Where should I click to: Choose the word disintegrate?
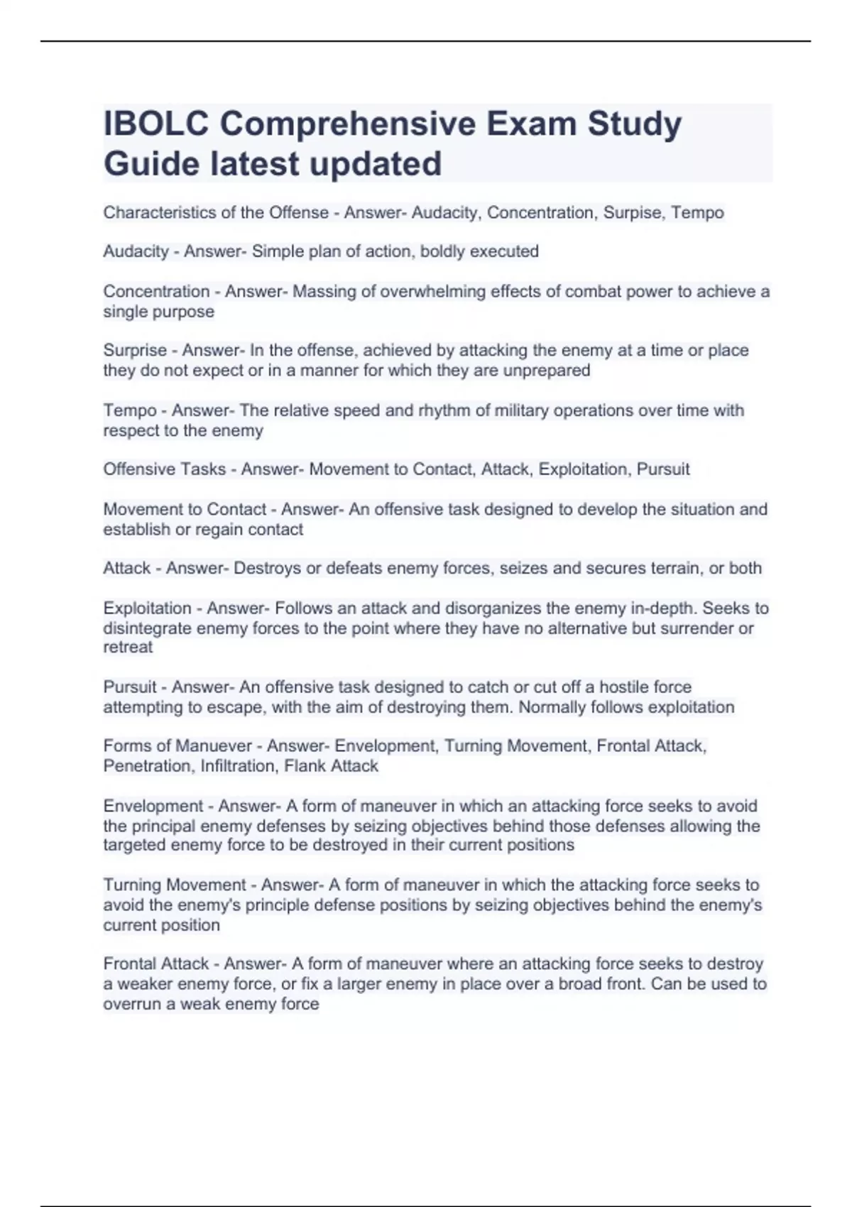pyautogui.click(x=147, y=628)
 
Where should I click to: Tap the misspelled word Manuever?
pyautogui.click(x=214, y=746)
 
